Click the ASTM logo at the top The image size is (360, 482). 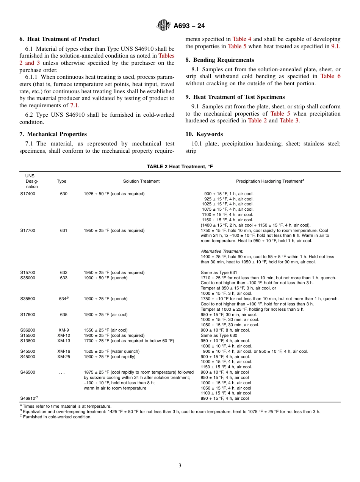163,25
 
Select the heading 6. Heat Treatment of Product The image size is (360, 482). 59,39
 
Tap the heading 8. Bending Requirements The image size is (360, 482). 219,60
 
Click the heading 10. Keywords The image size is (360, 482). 204,134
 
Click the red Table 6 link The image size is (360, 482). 330,76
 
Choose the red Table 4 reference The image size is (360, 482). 242,39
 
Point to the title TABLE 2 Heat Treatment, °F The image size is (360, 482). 180,167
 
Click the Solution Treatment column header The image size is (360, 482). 141,181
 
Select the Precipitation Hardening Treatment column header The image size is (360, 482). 270,181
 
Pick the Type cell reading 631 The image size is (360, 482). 64,230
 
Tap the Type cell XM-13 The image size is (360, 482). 64,341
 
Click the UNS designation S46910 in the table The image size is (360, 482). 29,398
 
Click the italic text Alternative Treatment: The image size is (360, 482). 222,251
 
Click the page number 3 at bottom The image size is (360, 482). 180,465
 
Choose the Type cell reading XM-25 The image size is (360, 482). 64,357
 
